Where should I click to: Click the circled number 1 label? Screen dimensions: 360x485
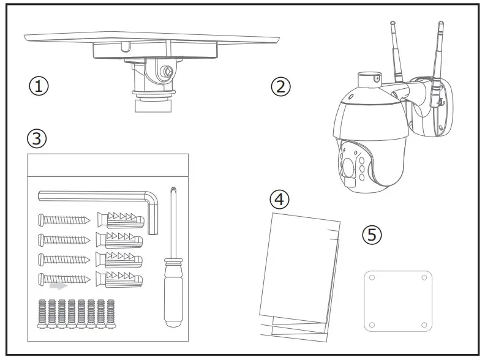[x=39, y=86]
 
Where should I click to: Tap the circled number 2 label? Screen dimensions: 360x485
[x=280, y=86]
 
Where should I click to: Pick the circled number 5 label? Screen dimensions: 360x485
[x=372, y=234]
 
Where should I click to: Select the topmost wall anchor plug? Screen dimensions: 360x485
[x=120, y=219]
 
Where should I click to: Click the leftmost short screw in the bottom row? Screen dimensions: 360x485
[x=43, y=313]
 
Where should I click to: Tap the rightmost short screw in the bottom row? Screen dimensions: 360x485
[x=111, y=313]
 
